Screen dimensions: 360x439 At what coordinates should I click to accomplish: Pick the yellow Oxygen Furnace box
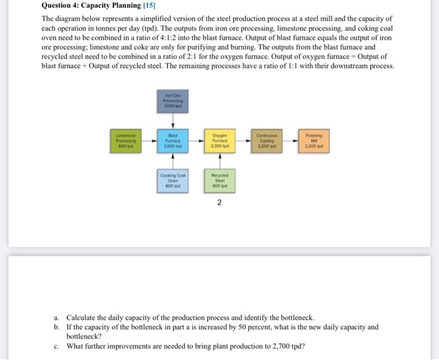coord(219,142)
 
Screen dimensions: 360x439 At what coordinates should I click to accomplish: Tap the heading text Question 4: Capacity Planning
coord(86,6)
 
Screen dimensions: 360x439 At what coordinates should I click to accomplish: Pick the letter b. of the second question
coord(56,327)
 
